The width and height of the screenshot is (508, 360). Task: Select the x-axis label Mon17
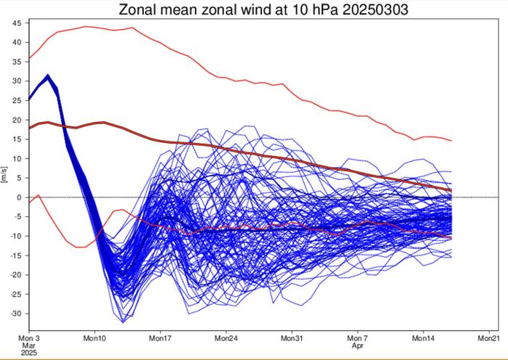pos(160,338)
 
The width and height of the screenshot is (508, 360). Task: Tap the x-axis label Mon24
pos(226,338)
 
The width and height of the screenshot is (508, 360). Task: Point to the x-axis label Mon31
pos(291,338)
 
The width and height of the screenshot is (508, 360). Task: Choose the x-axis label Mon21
pos(488,338)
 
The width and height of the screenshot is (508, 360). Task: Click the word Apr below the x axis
pos(356,346)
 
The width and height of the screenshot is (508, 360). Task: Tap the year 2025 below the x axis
pos(30,353)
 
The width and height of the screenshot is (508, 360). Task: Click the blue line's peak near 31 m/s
pos(47,75)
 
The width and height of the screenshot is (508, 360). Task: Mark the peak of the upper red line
pos(86,26)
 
